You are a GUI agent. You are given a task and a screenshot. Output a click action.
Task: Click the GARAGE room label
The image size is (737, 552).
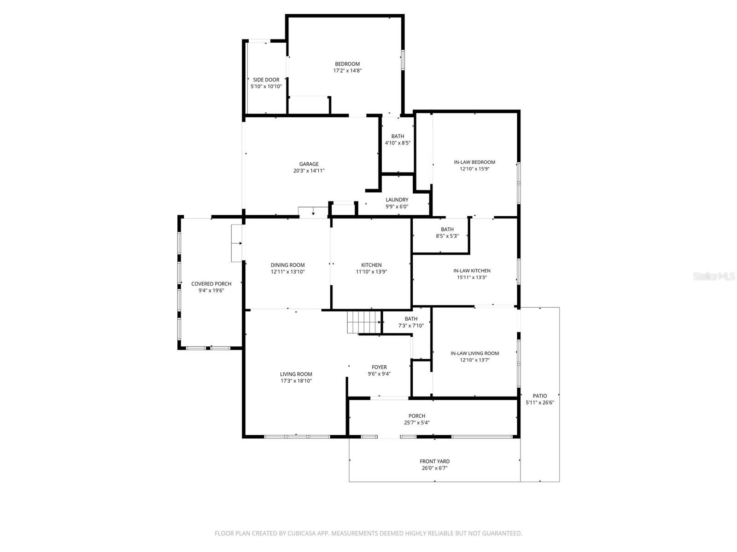click(309, 164)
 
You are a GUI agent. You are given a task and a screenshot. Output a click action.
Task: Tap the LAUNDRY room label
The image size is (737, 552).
click(397, 200)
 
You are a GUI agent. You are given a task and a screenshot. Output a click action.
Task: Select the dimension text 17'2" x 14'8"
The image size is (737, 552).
click(347, 71)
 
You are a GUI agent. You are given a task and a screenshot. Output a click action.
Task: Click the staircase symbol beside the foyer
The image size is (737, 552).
click(364, 322)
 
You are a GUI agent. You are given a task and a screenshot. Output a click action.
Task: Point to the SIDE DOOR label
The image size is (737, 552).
click(266, 80)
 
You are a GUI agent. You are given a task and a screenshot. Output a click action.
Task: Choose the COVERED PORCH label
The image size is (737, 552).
click(211, 284)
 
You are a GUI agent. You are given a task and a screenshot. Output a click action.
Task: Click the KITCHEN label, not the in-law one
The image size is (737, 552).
click(371, 265)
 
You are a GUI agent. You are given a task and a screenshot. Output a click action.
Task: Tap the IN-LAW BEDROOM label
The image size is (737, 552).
click(474, 162)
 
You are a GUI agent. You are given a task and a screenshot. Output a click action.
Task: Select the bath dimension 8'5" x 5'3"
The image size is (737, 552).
click(447, 236)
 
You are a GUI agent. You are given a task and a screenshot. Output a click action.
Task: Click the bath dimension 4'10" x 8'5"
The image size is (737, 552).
click(398, 143)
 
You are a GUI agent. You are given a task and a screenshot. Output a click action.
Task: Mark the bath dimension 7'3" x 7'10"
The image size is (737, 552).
click(411, 326)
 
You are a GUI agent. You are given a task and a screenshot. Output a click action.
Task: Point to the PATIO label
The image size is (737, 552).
click(539, 396)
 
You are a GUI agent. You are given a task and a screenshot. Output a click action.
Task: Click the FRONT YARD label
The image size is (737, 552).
click(434, 461)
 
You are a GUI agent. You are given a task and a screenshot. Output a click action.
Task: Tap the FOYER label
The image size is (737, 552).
click(379, 367)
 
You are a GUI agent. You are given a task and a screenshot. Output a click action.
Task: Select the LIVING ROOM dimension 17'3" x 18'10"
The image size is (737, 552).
click(296, 381)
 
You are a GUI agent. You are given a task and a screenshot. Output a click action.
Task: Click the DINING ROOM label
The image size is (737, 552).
click(287, 265)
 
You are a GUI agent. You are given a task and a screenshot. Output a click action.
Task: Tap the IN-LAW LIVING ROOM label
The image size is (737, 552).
click(474, 353)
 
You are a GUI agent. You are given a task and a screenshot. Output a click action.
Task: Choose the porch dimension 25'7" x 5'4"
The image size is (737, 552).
click(416, 423)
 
